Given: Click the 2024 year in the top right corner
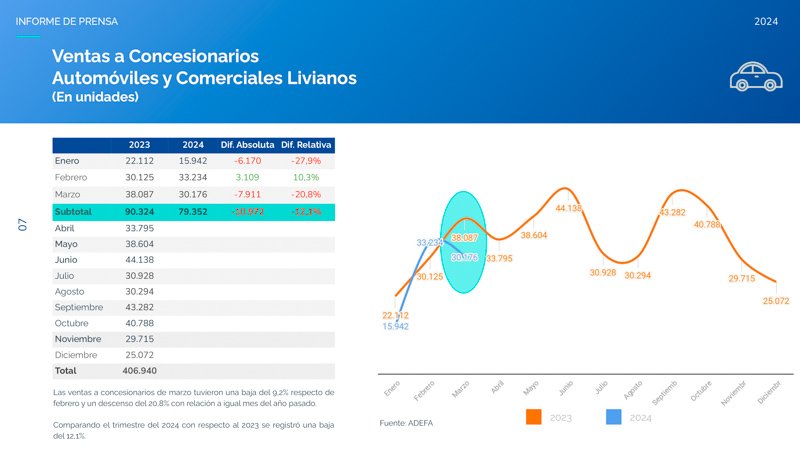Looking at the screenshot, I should [767, 21].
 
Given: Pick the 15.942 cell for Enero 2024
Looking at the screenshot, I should [192, 161].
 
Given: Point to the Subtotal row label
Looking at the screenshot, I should [73, 212].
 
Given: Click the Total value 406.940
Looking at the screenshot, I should [138, 371].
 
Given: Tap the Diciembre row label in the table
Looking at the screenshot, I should [78, 355].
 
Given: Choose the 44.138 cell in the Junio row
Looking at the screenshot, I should [138, 259].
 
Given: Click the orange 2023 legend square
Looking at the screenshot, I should [534, 417].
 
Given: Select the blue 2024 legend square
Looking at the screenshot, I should [615, 417].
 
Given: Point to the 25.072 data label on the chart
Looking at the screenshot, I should [776, 300].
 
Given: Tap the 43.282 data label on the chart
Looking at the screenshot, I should [672, 213].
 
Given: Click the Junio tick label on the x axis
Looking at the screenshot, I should [565, 387].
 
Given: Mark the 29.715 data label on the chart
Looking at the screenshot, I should [741, 279].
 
